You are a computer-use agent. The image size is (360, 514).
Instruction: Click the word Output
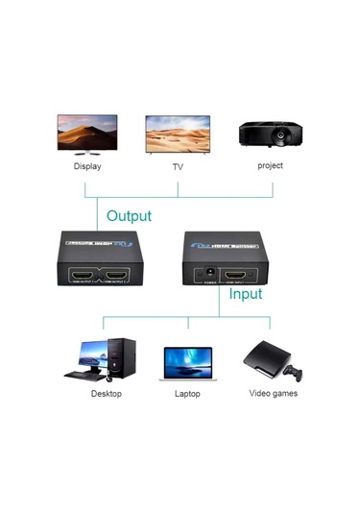click(129, 216)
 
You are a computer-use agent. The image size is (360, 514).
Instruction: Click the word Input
click(245, 294)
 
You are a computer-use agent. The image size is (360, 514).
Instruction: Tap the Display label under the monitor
click(87, 166)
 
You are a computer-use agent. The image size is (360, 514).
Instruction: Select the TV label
click(178, 167)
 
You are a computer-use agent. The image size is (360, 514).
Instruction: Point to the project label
click(270, 165)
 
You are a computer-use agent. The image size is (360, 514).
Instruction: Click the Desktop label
click(107, 393)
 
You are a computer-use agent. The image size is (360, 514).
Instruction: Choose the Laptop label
click(187, 394)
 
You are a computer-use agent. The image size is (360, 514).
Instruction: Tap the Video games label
click(274, 393)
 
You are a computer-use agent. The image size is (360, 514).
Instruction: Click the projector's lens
click(280, 137)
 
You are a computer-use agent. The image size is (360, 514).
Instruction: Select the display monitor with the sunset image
click(87, 132)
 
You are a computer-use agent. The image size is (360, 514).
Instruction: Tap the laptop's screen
click(187, 360)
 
